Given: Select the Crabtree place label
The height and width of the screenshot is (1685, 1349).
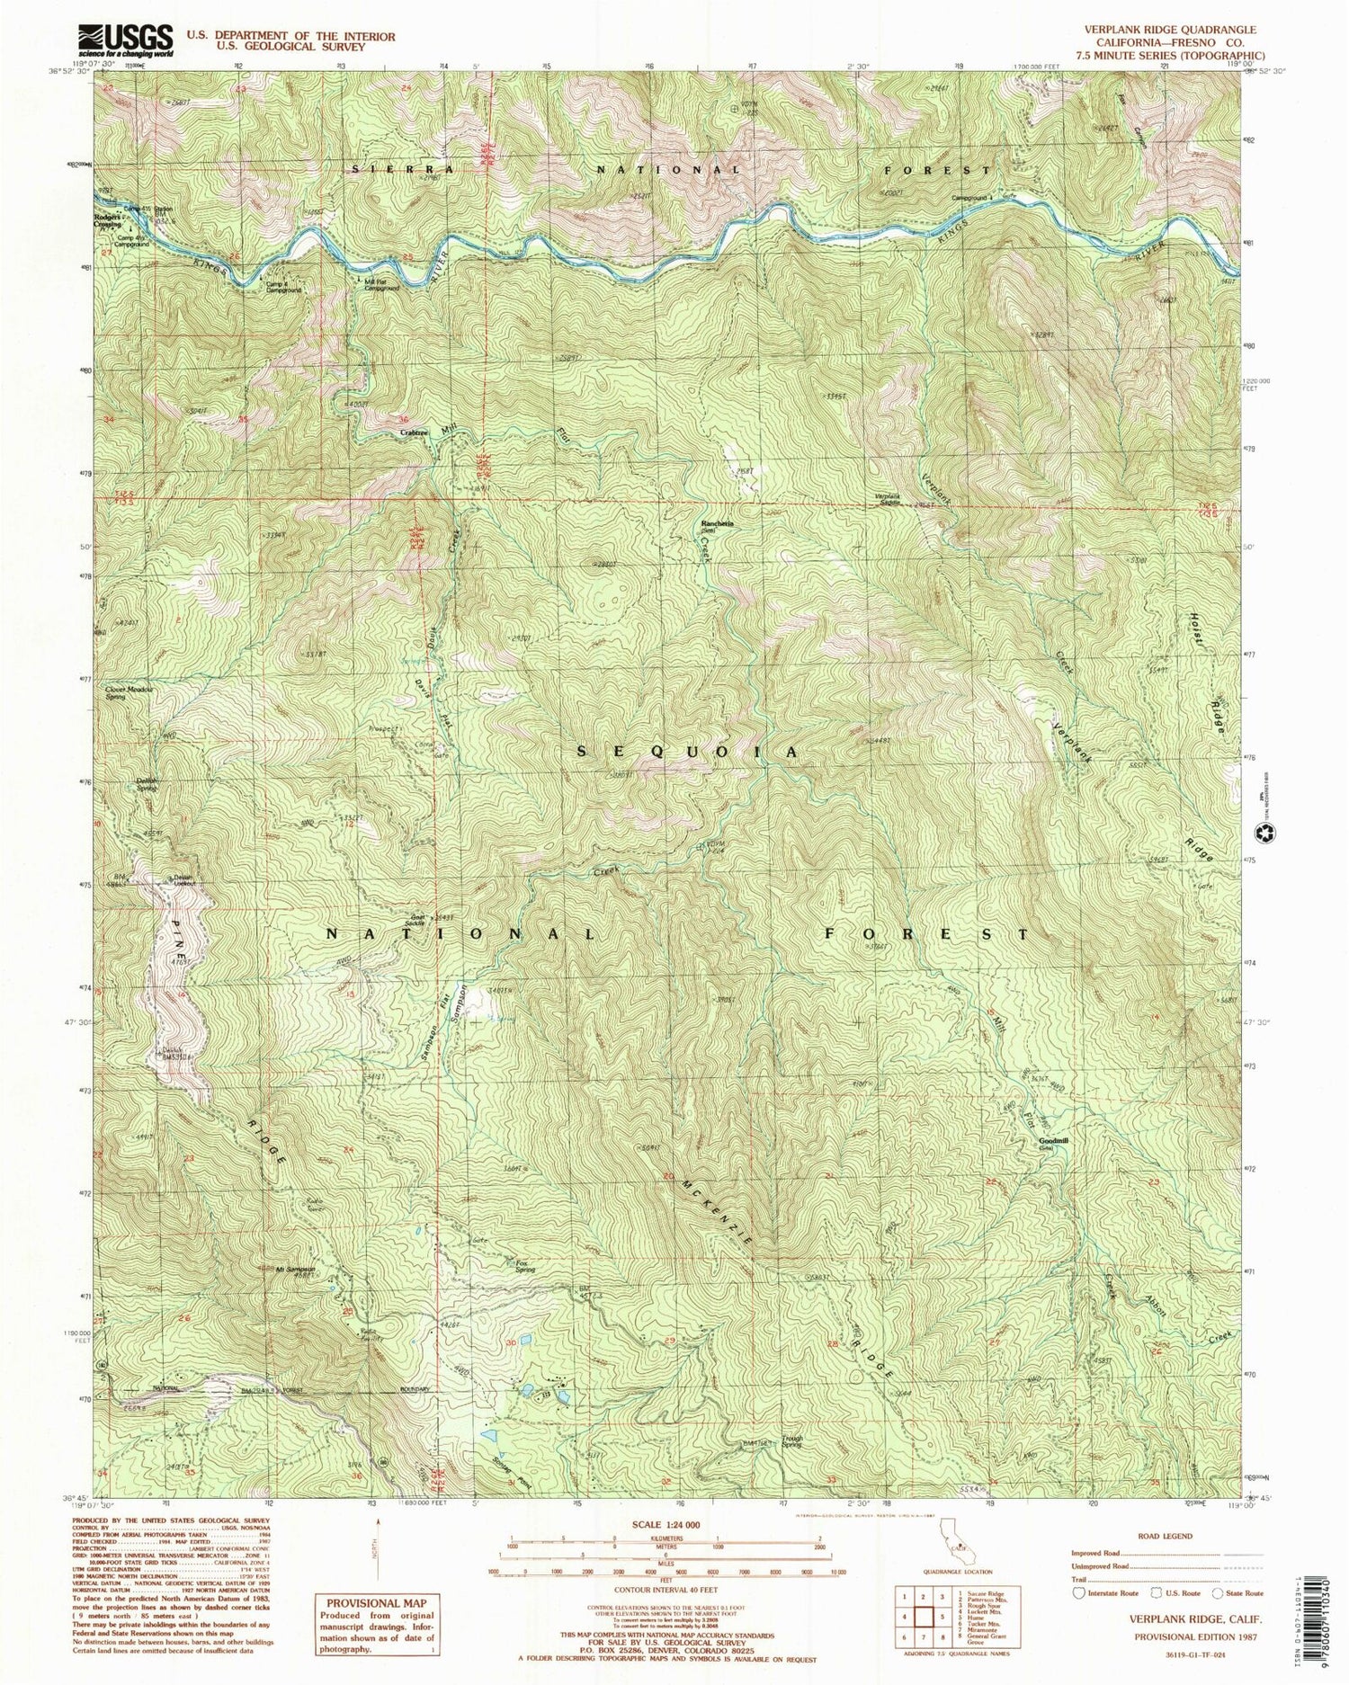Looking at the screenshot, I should [414, 432].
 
